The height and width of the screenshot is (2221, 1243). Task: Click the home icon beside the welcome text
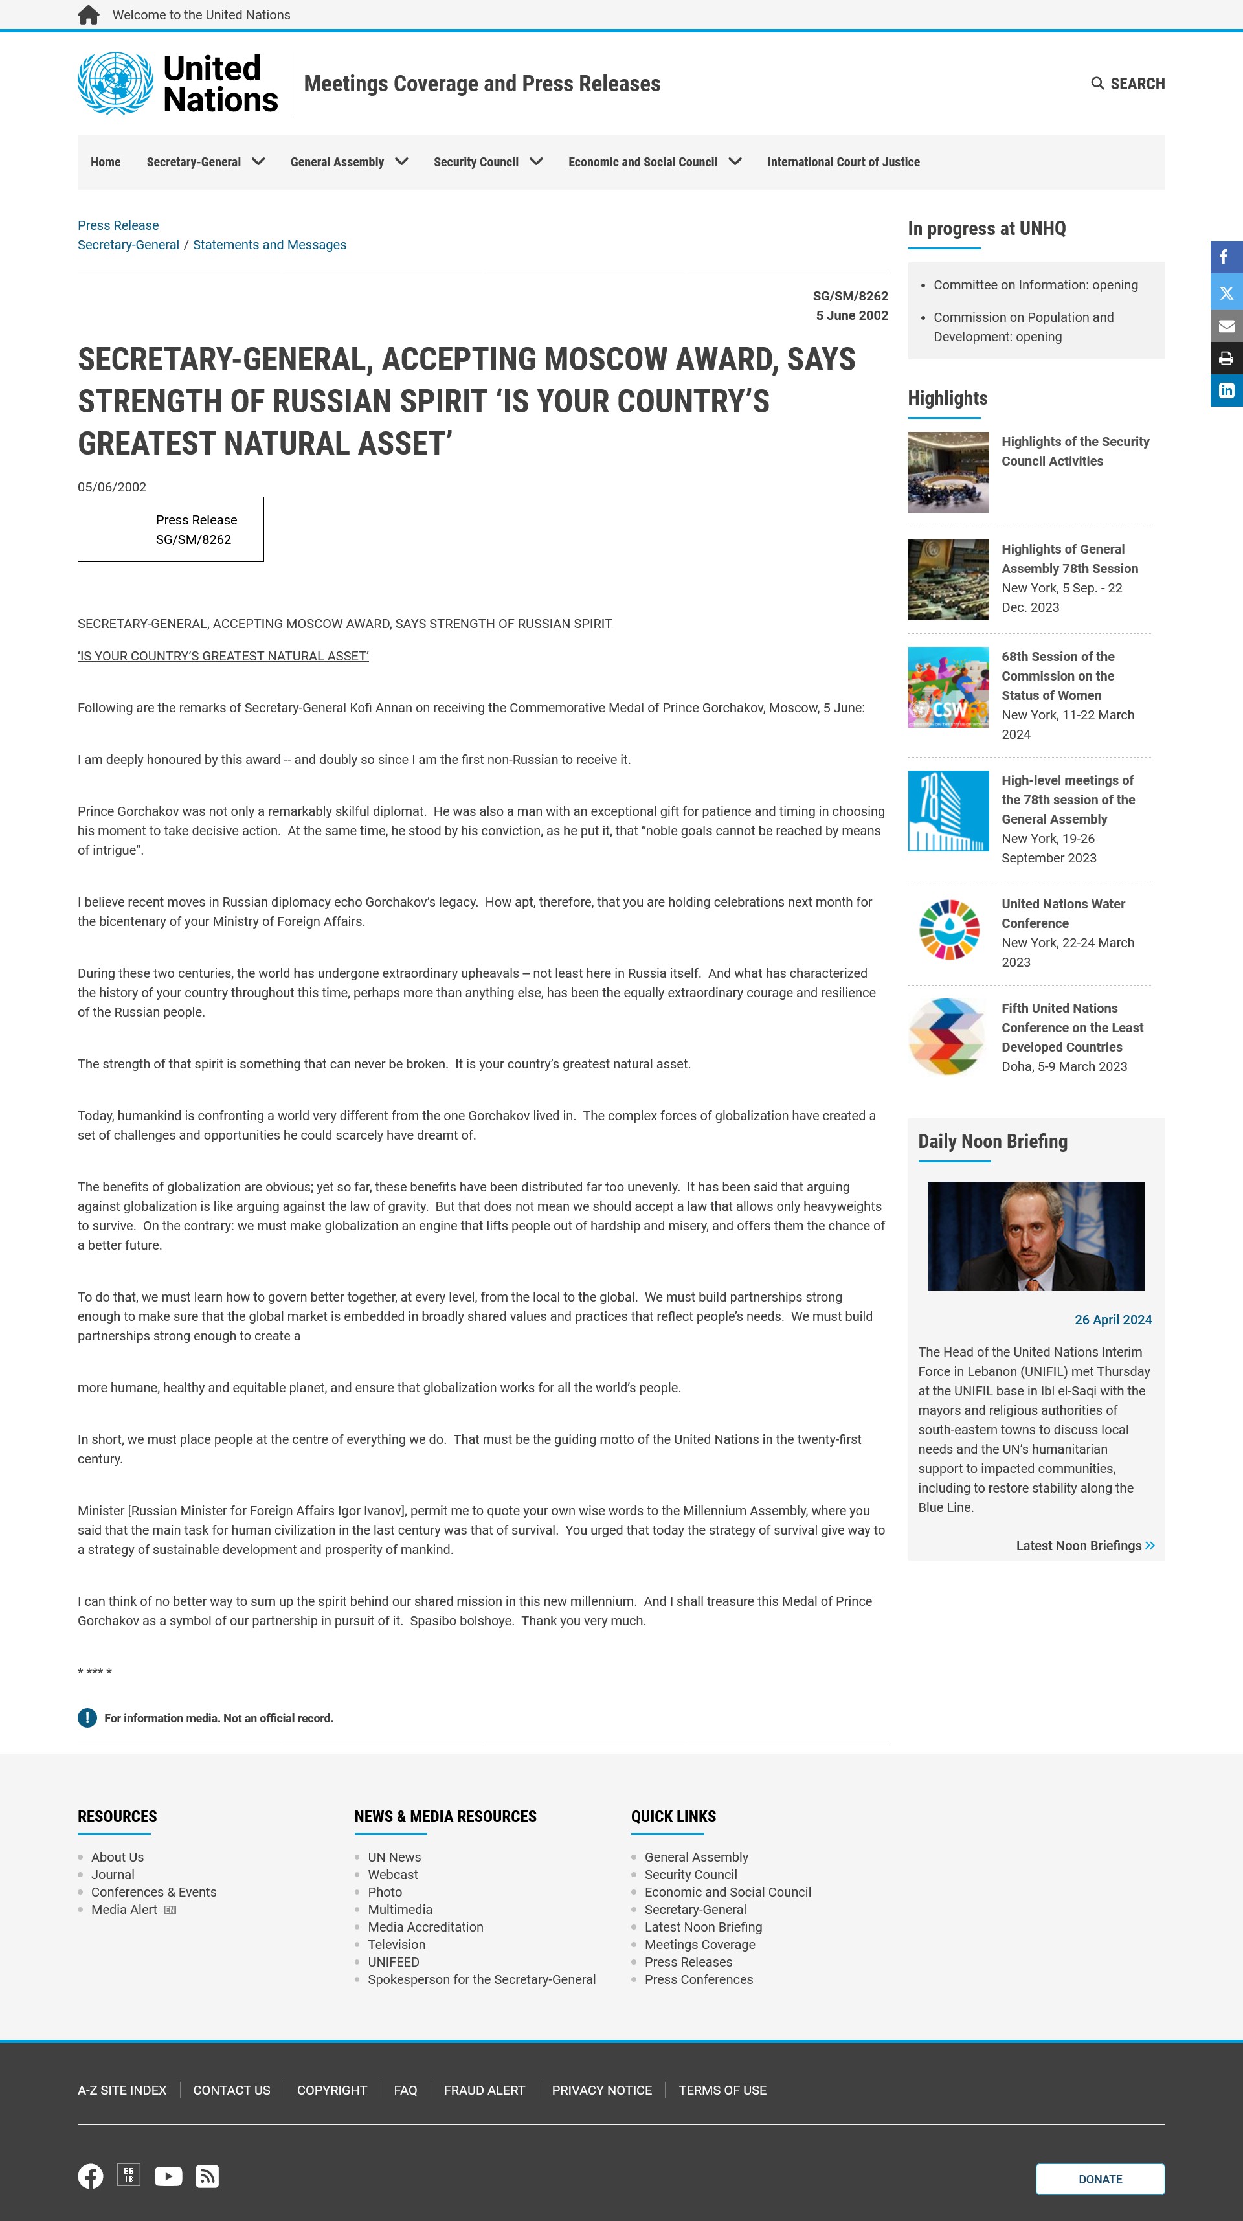click(88, 15)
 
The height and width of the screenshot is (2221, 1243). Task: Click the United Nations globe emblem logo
click(115, 83)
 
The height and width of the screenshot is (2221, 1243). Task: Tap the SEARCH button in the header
click(1128, 84)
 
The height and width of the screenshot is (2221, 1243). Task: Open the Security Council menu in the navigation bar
click(488, 162)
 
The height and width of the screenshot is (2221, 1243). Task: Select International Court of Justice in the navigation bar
click(843, 162)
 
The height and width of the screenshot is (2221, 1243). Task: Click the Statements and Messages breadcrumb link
click(269, 245)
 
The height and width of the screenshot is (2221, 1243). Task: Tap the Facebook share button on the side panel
click(1226, 257)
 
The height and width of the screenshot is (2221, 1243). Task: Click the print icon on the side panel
click(1226, 359)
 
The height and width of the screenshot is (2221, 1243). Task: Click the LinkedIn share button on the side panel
click(1226, 390)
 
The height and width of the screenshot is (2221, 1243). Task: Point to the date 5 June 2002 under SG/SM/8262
click(852, 315)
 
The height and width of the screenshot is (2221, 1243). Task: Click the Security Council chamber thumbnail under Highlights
click(948, 473)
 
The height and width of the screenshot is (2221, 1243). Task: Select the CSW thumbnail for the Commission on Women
click(948, 687)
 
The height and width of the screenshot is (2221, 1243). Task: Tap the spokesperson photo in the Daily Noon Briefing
click(1035, 1235)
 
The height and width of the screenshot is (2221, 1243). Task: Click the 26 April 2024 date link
click(1113, 1320)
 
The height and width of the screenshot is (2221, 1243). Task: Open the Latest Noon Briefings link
click(1084, 1546)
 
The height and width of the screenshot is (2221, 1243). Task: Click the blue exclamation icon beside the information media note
click(87, 1719)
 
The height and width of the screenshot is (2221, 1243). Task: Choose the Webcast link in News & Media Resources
click(393, 1875)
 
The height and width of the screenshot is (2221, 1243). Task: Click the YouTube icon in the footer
click(168, 2176)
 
